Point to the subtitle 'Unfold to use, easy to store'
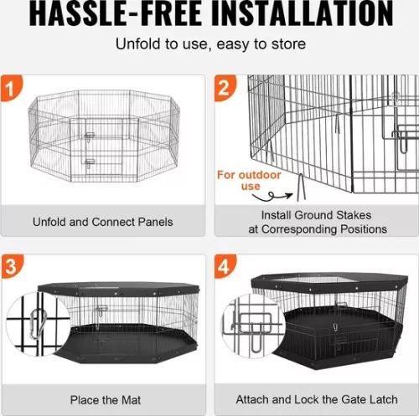(x=209, y=44)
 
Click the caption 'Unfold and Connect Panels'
(x=103, y=222)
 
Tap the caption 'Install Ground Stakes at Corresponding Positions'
(x=312, y=222)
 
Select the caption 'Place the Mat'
(x=103, y=399)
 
